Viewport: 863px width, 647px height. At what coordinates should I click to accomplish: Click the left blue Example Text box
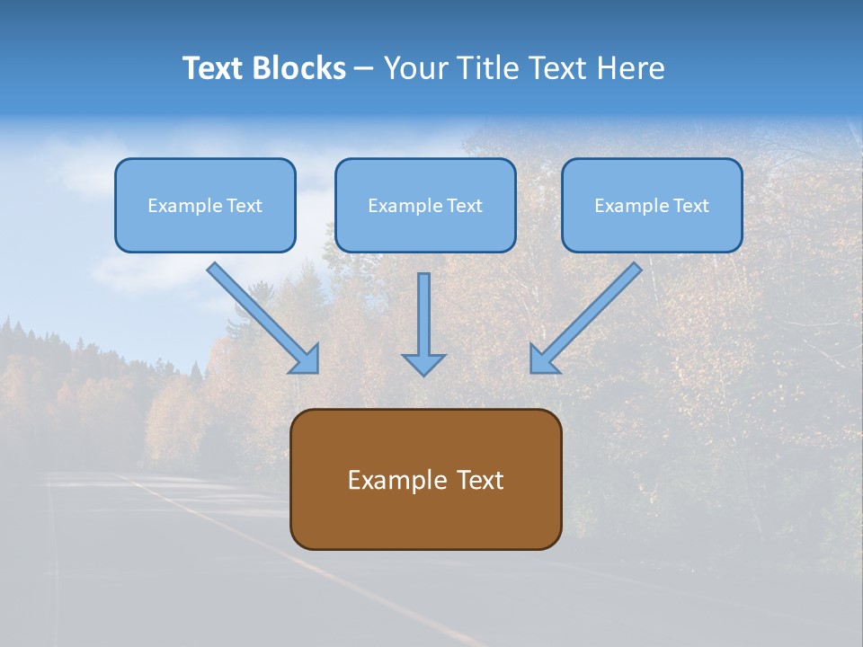click(x=205, y=206)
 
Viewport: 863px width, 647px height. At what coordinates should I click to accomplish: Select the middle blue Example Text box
click(x=425, y=206)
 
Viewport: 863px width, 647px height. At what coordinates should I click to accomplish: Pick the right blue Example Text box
click(x=652, y=206)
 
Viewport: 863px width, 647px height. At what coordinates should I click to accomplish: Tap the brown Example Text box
click(x=425, y=480)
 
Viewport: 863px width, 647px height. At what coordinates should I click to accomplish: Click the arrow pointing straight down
click(x=423, y=319)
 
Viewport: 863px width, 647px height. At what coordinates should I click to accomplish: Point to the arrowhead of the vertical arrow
click(x=423, y=364)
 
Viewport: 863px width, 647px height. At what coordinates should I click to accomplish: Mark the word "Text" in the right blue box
click(x=690, y=206)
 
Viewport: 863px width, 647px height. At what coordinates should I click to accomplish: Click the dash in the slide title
click(x=364, y=68)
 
